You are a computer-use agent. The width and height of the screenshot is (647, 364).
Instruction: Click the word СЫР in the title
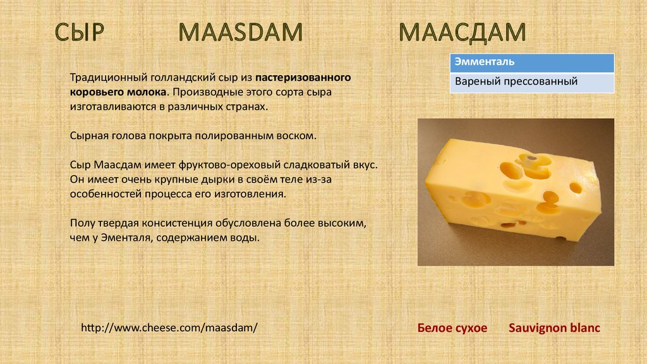click(x=79, y=32)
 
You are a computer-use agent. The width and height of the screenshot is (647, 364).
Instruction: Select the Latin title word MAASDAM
click(x=241, y=32)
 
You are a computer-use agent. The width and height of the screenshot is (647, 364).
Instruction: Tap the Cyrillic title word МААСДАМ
click(x=462, y=33)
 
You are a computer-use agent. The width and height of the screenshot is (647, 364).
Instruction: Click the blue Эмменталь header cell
click(x=532, y=63)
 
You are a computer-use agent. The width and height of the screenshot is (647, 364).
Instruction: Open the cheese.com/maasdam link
click(x=169, y=328)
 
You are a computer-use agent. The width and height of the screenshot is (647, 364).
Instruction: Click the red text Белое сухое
click(x=452, y=328)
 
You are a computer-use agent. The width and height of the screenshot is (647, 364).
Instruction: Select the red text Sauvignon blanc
click(x=554, y=328)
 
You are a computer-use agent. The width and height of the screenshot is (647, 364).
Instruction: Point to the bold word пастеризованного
click(x=303, y=78)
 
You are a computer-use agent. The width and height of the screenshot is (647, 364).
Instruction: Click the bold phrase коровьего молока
click(x=118, y=92)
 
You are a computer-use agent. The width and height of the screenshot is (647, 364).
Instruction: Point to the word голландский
click(x=183, y=78)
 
